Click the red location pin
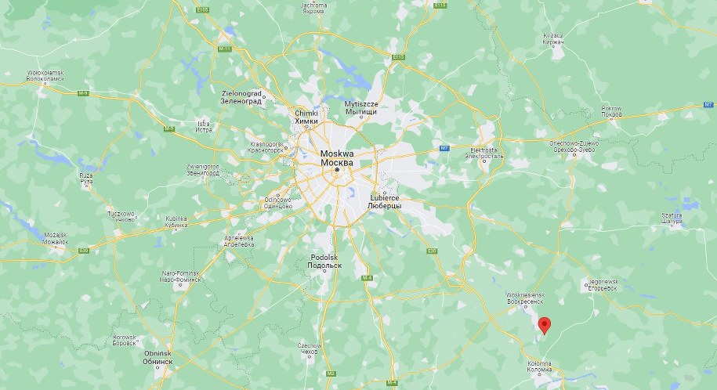tap(545, 323)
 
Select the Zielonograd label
tap(240, 96)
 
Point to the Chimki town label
tap(306, 117)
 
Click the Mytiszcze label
tap(361, 107)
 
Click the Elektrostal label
tap(483, 152)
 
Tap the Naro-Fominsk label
tap(181, 276)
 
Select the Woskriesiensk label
tap(521, 298)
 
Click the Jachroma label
tap(313, 9)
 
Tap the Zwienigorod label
tap(202, 169)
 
